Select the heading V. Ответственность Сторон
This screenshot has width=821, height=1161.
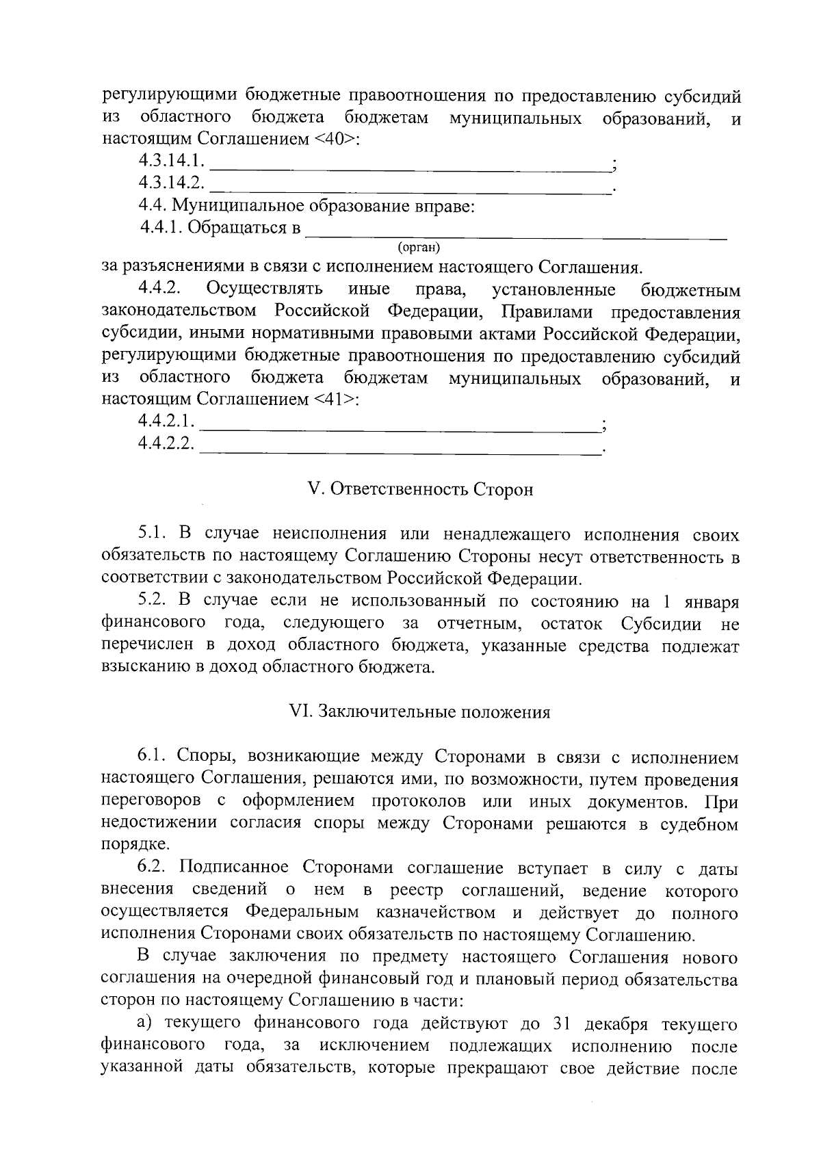pyautogui.click(x=420, y=490)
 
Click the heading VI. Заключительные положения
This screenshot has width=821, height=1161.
pyautogui.click(x=420, y=712)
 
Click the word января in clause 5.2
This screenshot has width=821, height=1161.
pyautogui.click(x=711, y=601)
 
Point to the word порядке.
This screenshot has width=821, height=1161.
pyautogui.click(x=134, y=846)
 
